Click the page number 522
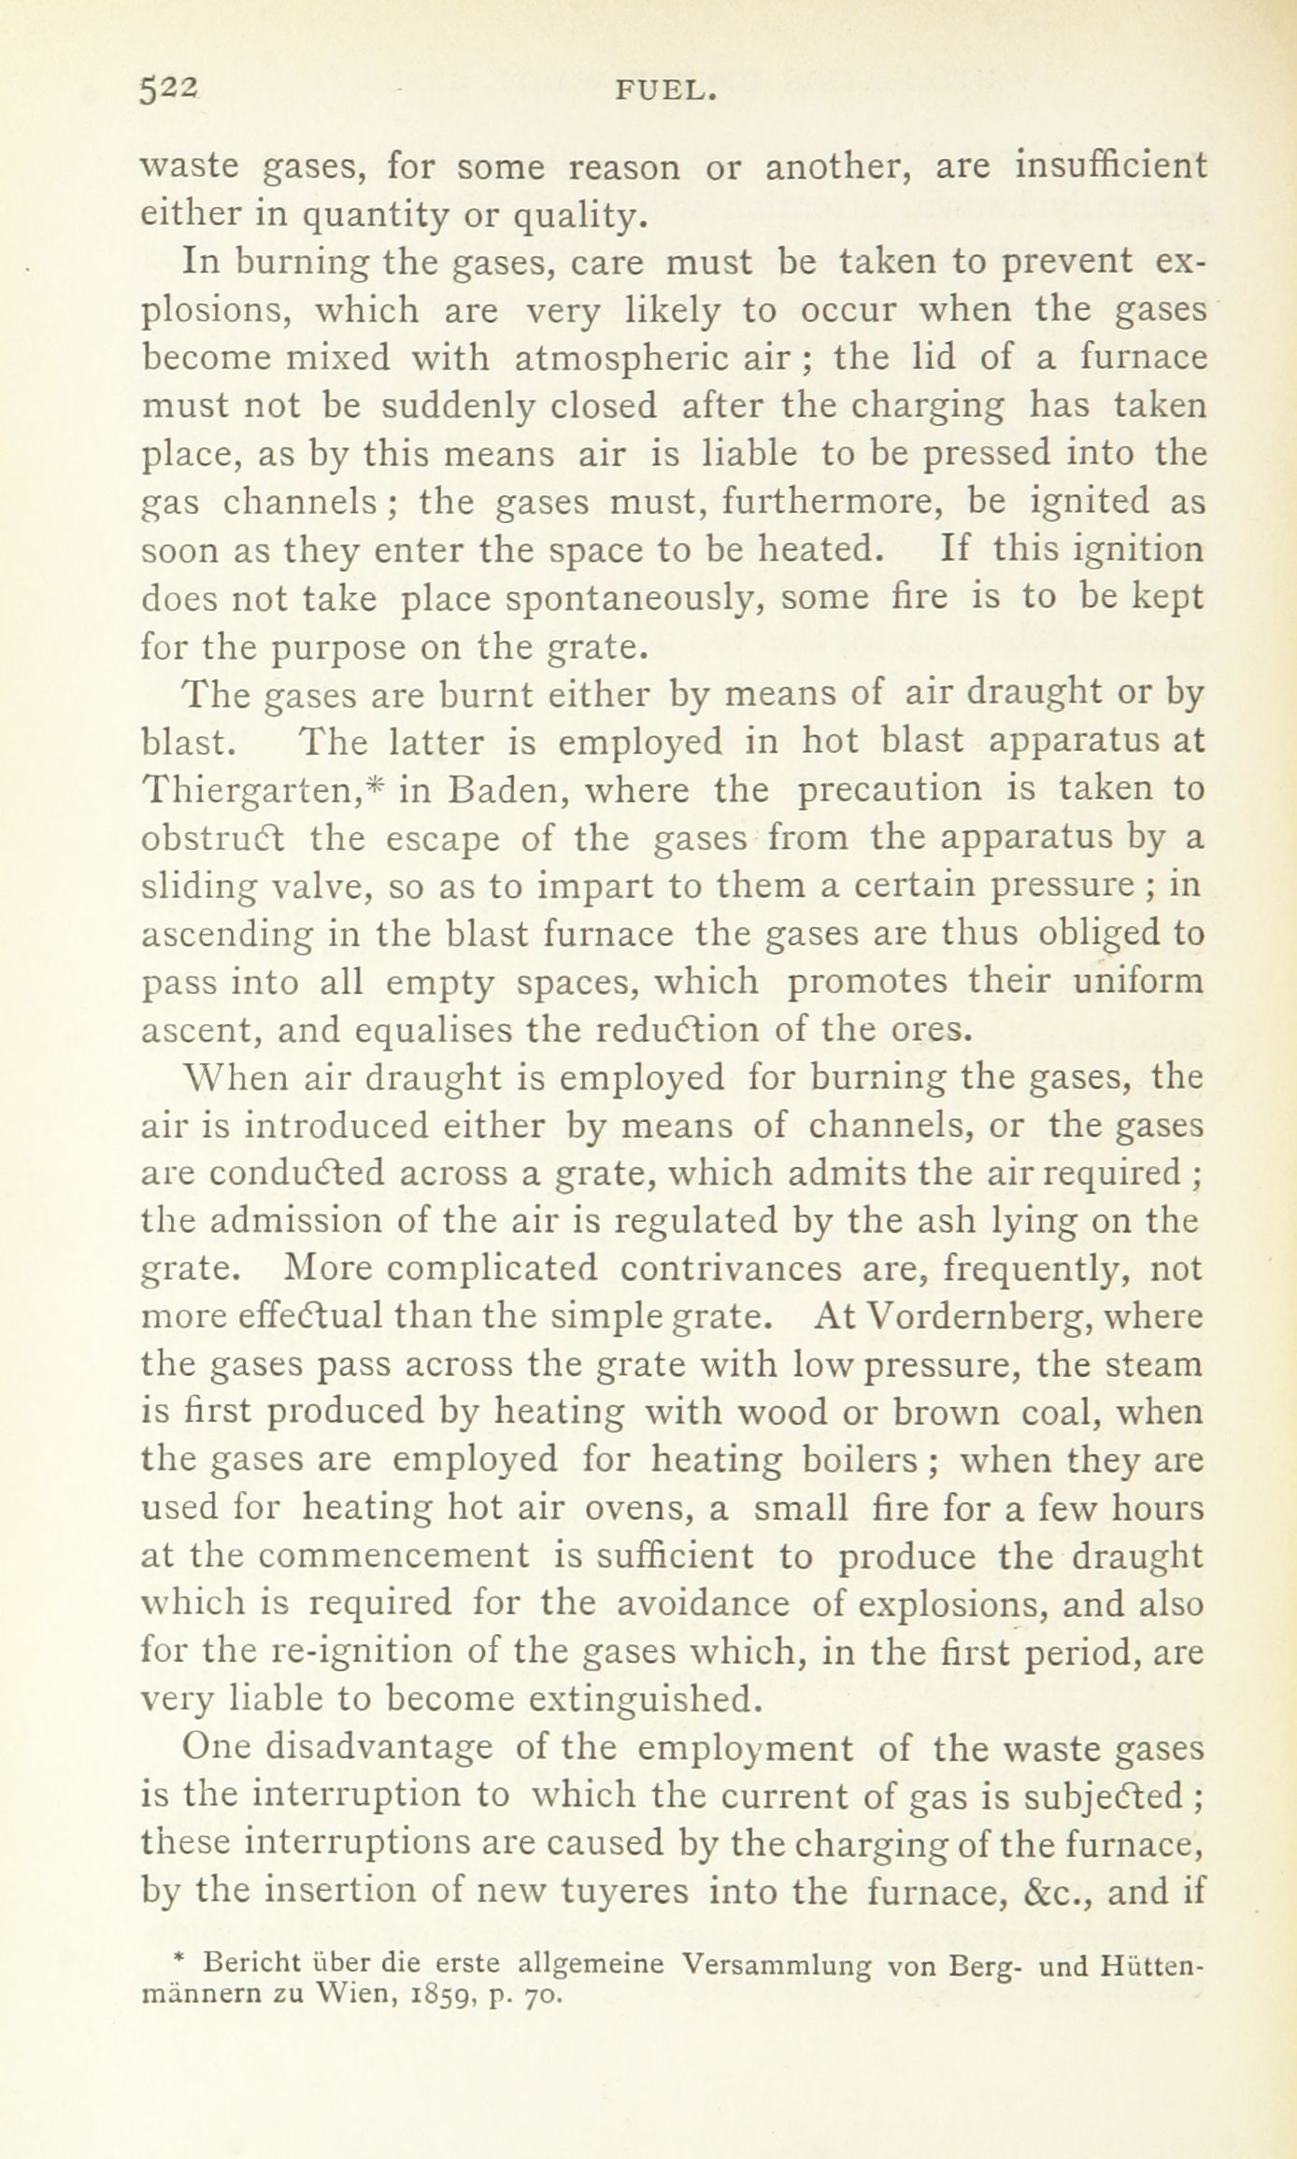coord(169,89)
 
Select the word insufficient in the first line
coord(1111,167)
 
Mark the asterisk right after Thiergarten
coord(376,783)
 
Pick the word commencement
coord(392,1555)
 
